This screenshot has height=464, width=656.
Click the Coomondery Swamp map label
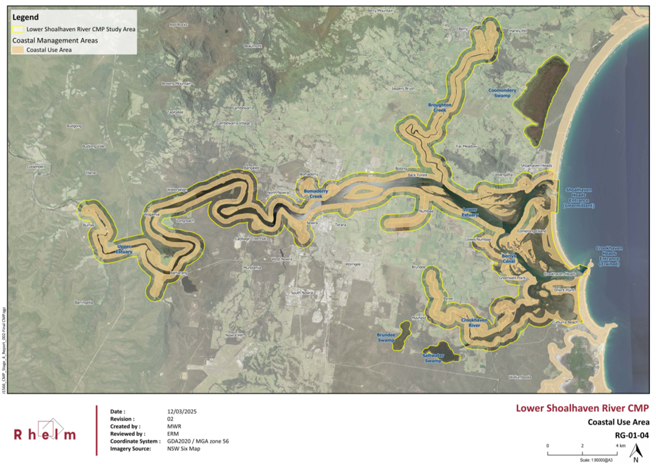click(x=502, y=93)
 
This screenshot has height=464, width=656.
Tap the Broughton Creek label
click(x=439, y=107)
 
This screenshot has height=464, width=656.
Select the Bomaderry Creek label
click(x=315, y=194)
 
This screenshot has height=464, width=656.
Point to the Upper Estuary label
click(x=124, y=249)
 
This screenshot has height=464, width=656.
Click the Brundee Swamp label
click(x=386, y=337)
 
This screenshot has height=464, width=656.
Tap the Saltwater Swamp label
click(x=433, y=358)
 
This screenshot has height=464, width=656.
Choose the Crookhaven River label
click(x=474, y=323)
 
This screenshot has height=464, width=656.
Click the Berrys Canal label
click(x=509, y=259)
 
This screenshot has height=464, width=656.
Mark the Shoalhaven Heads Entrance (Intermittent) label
click(x=579, y=198)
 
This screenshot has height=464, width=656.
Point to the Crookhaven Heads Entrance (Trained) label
click(x=609, y=256)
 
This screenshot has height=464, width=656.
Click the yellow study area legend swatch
click(x=18, y=29)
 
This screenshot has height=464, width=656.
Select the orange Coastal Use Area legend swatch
click(x=18, y=50)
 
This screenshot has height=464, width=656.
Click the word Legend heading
click(x=25, y=17)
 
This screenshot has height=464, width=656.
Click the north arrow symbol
click(x=635, y=452)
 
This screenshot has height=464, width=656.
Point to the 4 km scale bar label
click(x=620, y=446)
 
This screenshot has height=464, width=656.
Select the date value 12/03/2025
click(x=182, y=411)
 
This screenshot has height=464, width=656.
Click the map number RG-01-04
click(x=632, y=435)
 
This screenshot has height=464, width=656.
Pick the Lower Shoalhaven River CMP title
click(x=582, y=408)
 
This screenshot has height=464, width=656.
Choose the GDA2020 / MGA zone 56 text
click(x=197, y=441)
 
